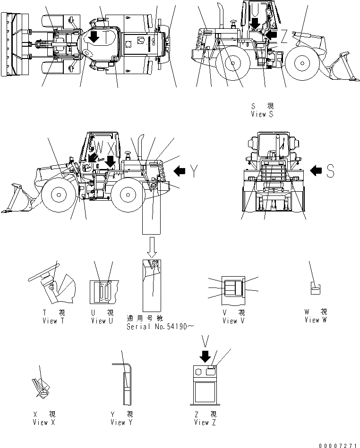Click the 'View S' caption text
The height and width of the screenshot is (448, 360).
[263, 114]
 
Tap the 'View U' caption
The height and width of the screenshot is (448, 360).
[102, 321]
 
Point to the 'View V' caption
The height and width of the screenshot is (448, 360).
[233, 321]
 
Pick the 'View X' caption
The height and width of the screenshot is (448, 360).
[43, 422]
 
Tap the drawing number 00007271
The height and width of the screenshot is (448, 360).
[338, 444]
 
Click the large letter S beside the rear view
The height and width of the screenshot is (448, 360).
[330, 173]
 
